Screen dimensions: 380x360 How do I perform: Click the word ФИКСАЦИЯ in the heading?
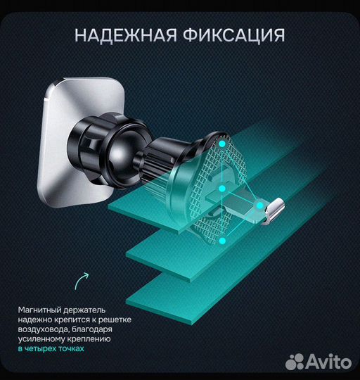coord(237,34)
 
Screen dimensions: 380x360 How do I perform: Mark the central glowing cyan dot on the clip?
coord(221,189)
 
